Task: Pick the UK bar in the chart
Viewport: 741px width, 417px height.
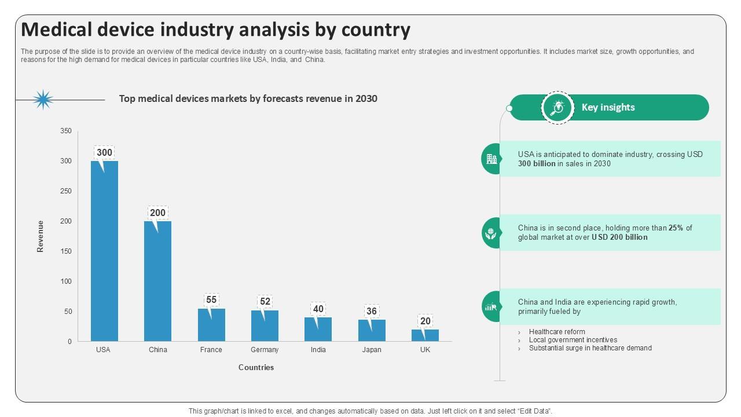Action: click(x=425, y=336)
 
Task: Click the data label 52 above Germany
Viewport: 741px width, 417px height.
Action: click(x=265, y=302)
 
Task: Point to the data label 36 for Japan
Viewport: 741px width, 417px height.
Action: click(x=372, y=312)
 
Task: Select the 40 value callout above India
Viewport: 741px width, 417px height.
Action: click(x=318, y=309)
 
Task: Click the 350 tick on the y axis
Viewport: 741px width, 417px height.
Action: click(x=66, y=131)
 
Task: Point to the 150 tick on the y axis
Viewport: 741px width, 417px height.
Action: click(x=66, y=251)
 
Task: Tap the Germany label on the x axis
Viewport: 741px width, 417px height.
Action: click(x=265, y=350)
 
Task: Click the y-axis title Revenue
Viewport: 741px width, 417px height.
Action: click(x=41, y=236)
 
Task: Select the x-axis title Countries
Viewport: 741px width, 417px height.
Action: click(x=256, y=367)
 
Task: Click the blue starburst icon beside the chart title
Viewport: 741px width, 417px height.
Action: click(x=43, y=100)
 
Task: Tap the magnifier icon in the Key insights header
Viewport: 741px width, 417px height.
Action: click(x=557, y=108)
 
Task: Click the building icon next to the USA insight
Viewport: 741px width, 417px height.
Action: click(x=491, y=159)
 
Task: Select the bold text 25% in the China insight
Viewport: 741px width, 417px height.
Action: click(x=676, y=228)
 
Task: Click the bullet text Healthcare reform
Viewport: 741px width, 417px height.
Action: click(x=557, y=332)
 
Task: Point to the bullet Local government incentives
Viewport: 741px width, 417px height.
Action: click(x=573, y=340)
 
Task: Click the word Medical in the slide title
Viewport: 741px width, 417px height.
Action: click(x=60, y=30)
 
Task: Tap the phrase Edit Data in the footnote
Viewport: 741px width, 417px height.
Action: click(x=532, y=411)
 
